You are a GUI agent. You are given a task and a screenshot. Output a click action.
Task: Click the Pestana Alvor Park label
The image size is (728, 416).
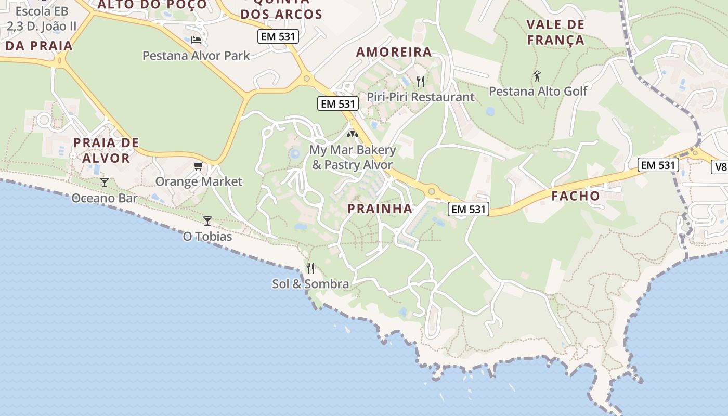196,56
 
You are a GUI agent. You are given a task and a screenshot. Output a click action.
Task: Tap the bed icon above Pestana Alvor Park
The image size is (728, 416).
196,40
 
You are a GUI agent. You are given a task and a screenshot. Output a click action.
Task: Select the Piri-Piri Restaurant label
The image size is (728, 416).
420,97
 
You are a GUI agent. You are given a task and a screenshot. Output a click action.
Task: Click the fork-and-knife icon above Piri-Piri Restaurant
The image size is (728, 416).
421,81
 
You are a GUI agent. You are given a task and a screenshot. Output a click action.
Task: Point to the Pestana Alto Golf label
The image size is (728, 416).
538,92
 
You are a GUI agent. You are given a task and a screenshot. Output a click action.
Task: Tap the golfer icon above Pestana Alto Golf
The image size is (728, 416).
537,76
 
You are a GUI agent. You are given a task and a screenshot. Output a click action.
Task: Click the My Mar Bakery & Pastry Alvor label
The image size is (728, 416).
353,158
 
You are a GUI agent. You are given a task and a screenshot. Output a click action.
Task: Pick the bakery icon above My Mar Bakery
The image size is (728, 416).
353,135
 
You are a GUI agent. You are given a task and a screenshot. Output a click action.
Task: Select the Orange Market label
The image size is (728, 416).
199,181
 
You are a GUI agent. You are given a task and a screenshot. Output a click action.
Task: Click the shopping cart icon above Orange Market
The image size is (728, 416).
198,166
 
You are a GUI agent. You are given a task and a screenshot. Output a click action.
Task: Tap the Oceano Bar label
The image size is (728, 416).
105,198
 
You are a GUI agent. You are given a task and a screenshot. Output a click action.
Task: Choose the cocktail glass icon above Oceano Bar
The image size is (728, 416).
105,182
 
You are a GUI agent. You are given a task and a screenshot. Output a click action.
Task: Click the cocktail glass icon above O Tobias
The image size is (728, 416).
207,221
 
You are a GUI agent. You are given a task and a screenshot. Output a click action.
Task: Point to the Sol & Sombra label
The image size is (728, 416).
310,284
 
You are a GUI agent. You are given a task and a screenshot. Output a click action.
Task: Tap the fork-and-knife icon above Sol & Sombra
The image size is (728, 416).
310,268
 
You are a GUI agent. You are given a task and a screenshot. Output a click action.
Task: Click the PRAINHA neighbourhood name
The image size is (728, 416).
380,209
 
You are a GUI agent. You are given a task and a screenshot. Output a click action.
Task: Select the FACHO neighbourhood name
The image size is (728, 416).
576,196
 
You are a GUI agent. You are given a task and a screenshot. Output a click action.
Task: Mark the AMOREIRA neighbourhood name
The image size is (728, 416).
394,52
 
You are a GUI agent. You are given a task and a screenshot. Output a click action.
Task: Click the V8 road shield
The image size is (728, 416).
720,167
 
